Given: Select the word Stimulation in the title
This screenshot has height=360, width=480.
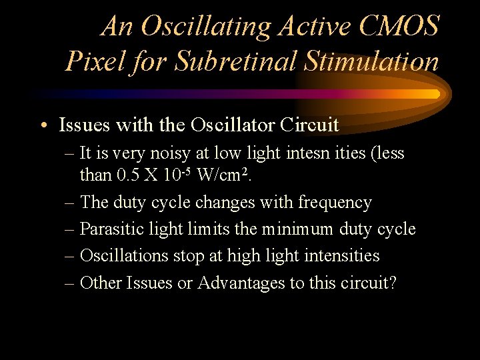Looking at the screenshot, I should point(371,62).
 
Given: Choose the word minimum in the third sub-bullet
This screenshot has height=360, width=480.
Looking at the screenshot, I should point(297,229).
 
